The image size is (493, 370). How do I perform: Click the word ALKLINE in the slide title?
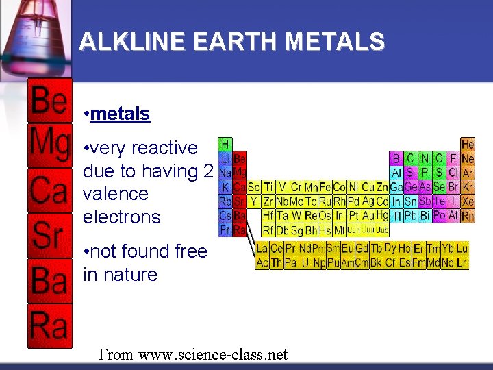coord(131,42)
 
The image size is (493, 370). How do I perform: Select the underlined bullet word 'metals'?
coord(119,114)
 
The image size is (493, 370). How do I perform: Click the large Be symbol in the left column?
coord(49,102)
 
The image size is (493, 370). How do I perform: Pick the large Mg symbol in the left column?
coord(49,145)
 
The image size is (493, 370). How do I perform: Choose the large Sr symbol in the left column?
coord(49,235)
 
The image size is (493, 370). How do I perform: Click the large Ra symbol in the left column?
coord(49,325)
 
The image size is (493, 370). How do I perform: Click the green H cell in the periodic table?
coord(225,145)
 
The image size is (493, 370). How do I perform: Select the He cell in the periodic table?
coord(468,145)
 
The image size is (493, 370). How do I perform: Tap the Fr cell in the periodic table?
coord(225,230)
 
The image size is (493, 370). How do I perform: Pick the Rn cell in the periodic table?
coord(468,216)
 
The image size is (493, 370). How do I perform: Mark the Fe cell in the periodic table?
coord(325,187)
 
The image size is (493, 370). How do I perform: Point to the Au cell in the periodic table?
coord(369,216)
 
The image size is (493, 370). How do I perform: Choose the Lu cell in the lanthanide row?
coord(462,248)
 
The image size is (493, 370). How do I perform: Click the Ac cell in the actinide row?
coord(262,262)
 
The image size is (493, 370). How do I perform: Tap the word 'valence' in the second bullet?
coord(115,194)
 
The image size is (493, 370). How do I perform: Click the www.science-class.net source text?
coord(213,355)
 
